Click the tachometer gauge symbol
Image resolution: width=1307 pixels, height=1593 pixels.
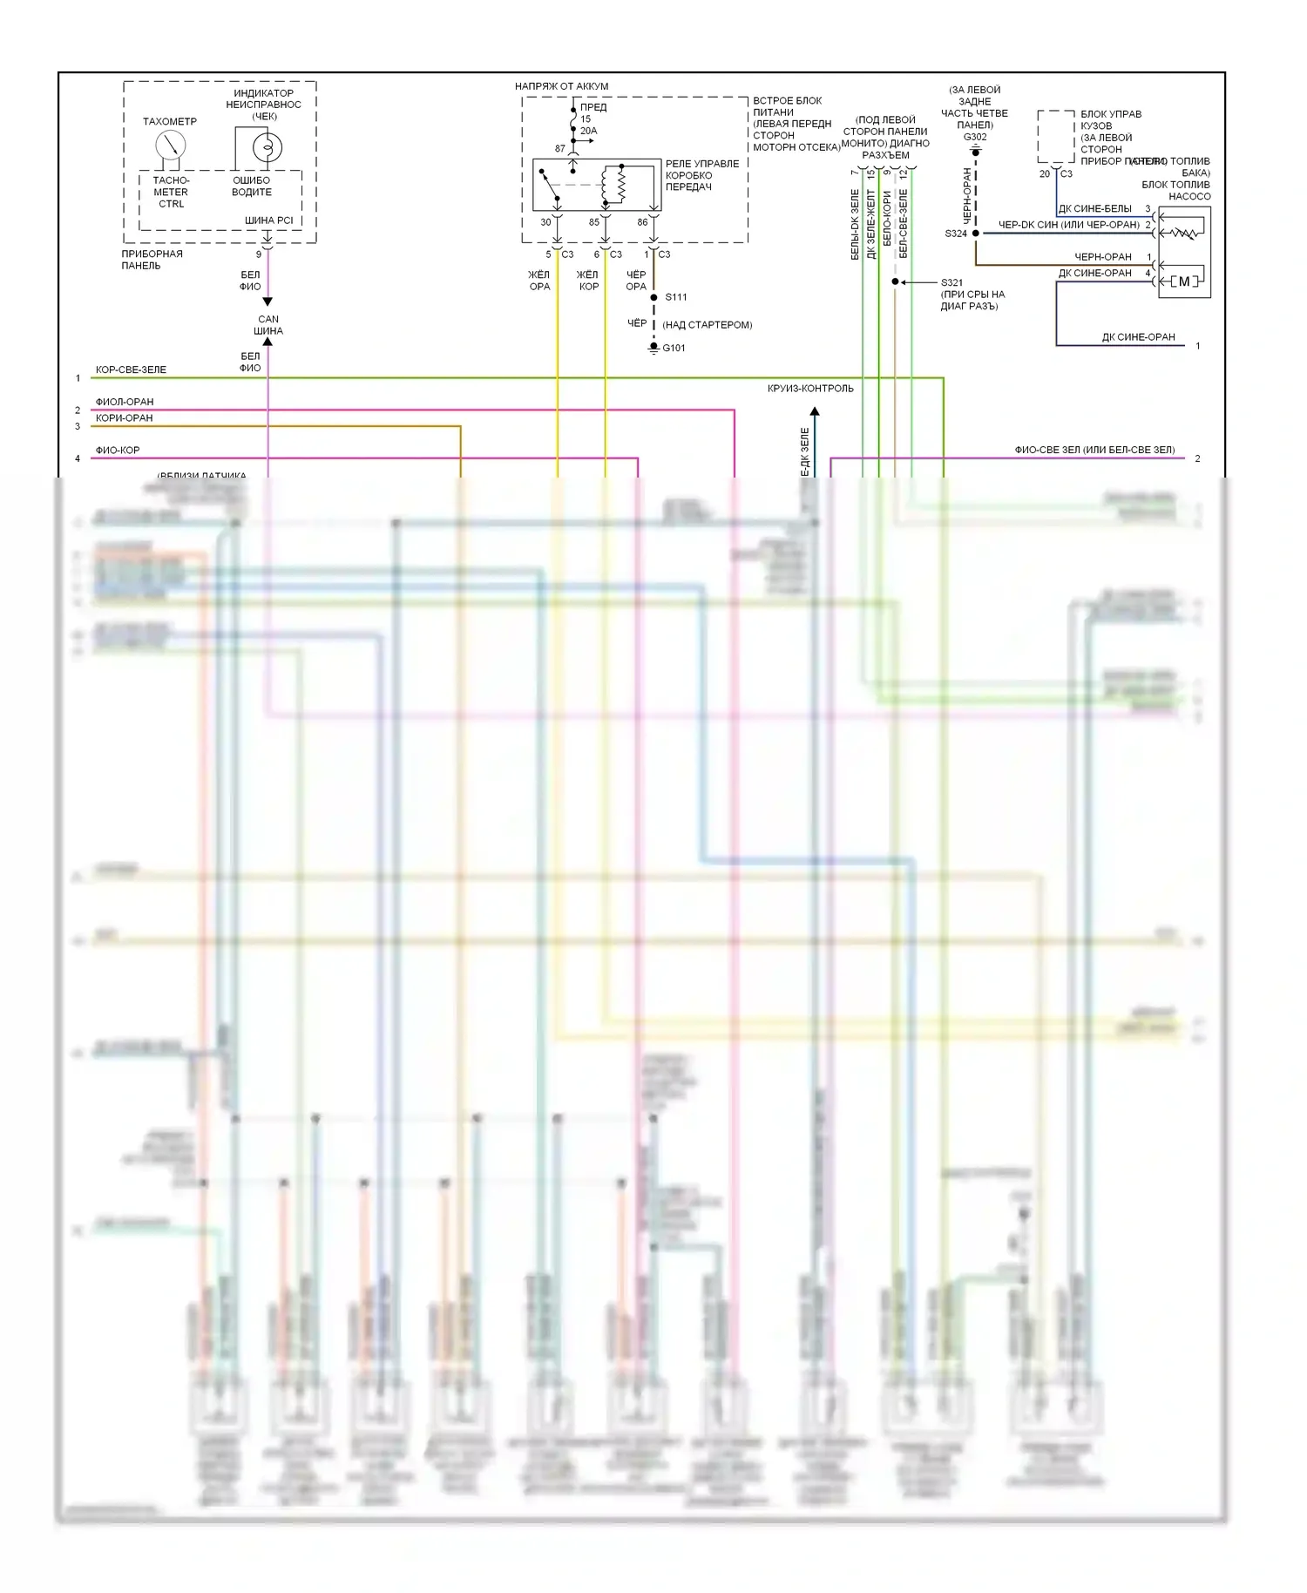click(x=170, y=145)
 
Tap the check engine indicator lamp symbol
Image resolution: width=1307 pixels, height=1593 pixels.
click(x=267, y=146)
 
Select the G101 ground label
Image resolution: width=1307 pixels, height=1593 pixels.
click(x=674, y=349)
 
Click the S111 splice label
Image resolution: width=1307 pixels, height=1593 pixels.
click(x=676, y=297)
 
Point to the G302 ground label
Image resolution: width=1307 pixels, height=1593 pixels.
click(x=975, y=137)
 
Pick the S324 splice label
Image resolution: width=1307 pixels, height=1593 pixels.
click(x=956, y=234)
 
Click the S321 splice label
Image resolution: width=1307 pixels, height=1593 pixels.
click(x=951, y=282)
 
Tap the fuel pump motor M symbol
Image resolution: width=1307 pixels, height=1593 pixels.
click(x=1183, y=281)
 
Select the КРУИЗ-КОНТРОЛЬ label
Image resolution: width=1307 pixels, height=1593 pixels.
click(x=810, y=389)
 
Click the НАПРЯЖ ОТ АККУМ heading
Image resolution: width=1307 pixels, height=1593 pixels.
click(x=561, y=86)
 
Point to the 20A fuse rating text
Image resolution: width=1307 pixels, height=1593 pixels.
click(x=589, y=131)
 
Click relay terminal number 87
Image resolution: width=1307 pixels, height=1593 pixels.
click(x=560, y=149)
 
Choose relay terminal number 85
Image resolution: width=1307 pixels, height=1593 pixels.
click(x=594, y=222)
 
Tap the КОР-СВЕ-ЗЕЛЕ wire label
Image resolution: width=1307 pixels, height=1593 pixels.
click(x=131, y=370)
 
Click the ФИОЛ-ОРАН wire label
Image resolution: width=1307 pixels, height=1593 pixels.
click(x=125, y=402)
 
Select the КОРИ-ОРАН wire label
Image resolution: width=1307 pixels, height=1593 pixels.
click(x=125, y=418)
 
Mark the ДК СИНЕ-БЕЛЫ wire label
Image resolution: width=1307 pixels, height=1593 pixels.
click(x=1095, y=209)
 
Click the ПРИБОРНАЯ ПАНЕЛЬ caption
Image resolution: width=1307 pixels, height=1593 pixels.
click(x=152, y=260)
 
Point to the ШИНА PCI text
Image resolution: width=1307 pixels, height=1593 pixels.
click(x=268, y=220)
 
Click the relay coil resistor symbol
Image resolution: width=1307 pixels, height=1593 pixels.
click(x=620, y=184)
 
